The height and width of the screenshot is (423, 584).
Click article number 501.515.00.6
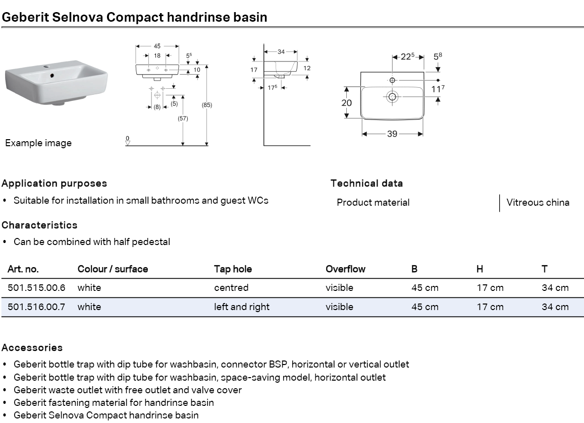(36, 288)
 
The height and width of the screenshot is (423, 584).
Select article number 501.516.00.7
(36, 307)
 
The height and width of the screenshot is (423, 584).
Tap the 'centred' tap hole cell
(231, 288)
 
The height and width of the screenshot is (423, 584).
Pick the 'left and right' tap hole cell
(241, 307)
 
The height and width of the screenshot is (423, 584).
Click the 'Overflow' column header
(345, 269)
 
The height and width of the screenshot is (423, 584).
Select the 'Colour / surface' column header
(113, 269)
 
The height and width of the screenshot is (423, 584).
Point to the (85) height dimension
(206, 105)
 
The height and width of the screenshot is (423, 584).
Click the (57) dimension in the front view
(183, 118)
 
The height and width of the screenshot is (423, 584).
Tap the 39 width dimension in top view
(392, 134)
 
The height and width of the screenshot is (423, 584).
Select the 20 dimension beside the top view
(346, 102)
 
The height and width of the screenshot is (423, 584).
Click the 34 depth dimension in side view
(281, 52)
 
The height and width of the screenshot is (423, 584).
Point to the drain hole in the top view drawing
(392, 96)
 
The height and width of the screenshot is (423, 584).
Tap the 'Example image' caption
(38, 143)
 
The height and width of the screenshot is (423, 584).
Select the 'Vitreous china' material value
(538, 203)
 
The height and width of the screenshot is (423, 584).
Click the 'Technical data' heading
(366, 184)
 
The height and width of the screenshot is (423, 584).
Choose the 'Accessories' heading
(32, 348)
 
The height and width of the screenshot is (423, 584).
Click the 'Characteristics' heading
(39, 225)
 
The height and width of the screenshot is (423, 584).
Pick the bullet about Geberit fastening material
(114, 403)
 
